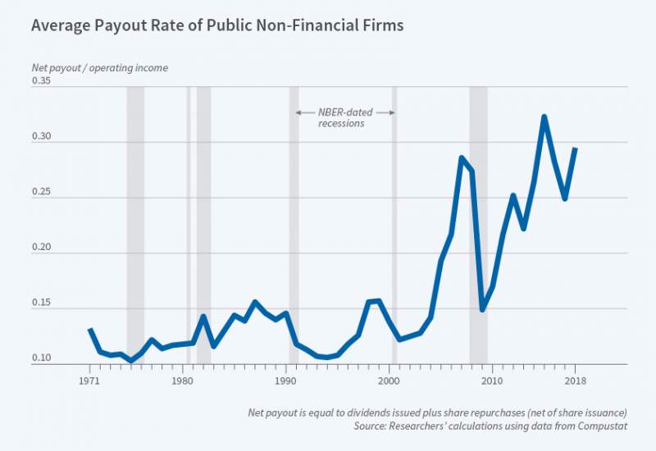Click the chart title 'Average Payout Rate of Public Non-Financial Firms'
coord(217,25)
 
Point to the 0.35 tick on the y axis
coord(42,80)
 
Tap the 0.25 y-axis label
coord(42,193)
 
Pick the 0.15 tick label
coord(42,303)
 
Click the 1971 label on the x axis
coord(90,381)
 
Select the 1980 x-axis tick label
coord(182,381)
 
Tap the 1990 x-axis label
coord(285,381)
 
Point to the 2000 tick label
coord(389,381)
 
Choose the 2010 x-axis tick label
coord(491,381)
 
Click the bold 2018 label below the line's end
coord(575,381)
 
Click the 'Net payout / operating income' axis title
coord(99,68)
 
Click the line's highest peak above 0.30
coord(544,116)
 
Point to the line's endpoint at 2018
coord(575,148)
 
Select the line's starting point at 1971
coord(90,329)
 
